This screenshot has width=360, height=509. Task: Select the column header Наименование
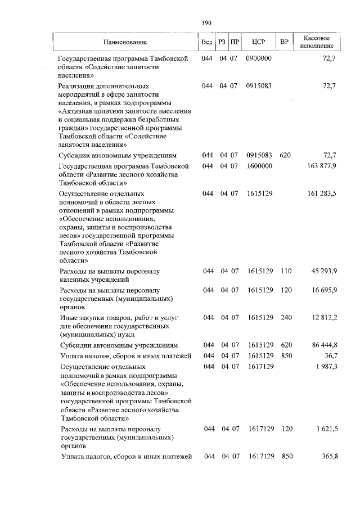125,42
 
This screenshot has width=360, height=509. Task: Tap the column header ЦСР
259,42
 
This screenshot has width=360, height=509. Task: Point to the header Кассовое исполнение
318,40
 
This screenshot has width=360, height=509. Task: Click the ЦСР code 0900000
259,58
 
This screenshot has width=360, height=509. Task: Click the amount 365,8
327,456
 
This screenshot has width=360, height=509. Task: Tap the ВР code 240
286,318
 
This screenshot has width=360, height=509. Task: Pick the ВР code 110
286,271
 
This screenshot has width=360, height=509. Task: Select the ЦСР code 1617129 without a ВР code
260,366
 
